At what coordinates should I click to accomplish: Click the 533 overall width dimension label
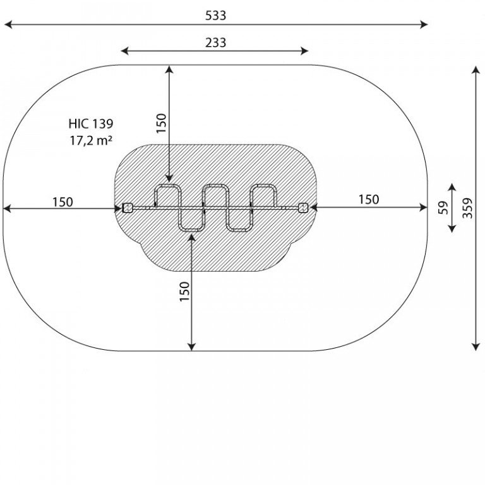(x=215, y=15)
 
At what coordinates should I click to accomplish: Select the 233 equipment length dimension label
(x=215, y=42)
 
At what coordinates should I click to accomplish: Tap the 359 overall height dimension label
(x=467, y=208)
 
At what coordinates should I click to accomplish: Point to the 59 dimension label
(x=443, y=208)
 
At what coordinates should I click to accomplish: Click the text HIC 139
(x=91, y=123)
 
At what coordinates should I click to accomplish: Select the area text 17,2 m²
(x=91, y=140)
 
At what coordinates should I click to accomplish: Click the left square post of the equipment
(x=128, y=208)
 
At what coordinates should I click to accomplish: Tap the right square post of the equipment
(x=303, y=208)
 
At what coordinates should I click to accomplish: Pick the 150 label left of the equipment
(x=63, y=202)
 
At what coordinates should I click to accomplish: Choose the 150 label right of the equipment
(x=369, y=200)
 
